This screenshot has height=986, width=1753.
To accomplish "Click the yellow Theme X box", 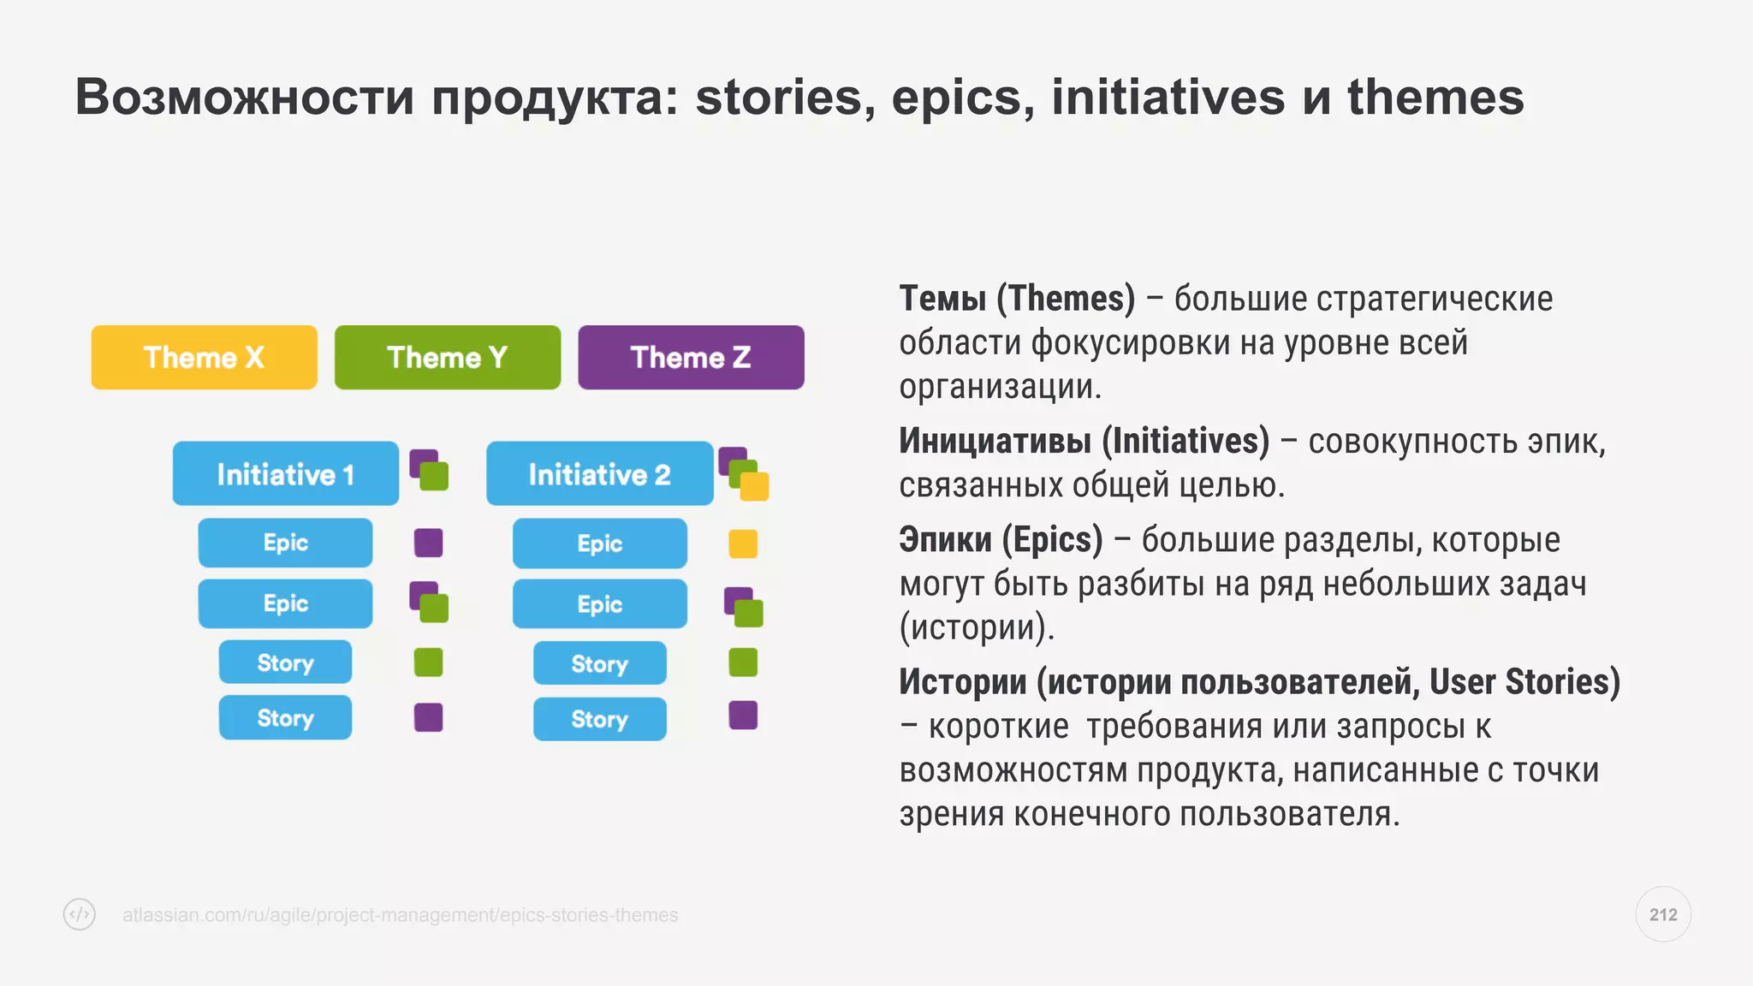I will (204, 357).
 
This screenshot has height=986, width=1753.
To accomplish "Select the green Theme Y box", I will (447, 357).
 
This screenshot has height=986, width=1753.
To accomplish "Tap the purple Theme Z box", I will (691, 357).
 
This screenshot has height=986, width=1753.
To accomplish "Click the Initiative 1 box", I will (285, 473).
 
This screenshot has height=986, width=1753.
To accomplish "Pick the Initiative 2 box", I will (599, 473).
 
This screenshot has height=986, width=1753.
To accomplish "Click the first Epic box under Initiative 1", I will (285, 543).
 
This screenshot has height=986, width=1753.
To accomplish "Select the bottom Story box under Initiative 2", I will (599, 719).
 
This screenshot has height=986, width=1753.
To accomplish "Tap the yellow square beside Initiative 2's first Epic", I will (742, 543).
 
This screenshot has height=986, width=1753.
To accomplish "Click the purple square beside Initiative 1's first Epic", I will (428, 543).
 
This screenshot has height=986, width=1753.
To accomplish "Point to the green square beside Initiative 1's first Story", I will (428, 662).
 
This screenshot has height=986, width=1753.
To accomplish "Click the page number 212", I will (1662, 914).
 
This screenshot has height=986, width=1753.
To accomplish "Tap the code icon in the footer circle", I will (80, 914).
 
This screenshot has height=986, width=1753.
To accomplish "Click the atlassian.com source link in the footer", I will (400, 915).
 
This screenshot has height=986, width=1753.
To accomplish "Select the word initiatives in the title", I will (1168, 97).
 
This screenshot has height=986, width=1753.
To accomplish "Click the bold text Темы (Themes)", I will (1016, 299).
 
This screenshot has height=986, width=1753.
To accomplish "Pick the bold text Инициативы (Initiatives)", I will (1084, 441).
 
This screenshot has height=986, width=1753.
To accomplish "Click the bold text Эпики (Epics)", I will (1000, 540).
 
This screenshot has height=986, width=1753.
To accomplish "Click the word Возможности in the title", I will (244, 97).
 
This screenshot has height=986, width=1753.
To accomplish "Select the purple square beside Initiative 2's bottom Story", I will (742, 715).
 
